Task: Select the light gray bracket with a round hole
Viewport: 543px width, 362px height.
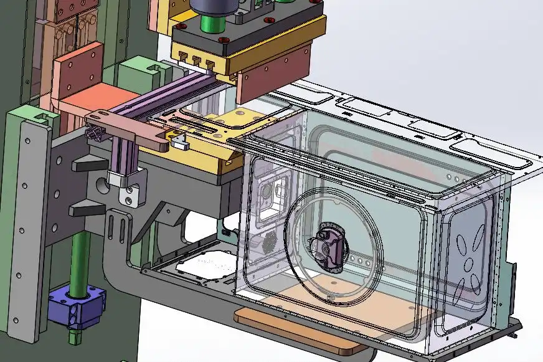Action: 130,190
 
